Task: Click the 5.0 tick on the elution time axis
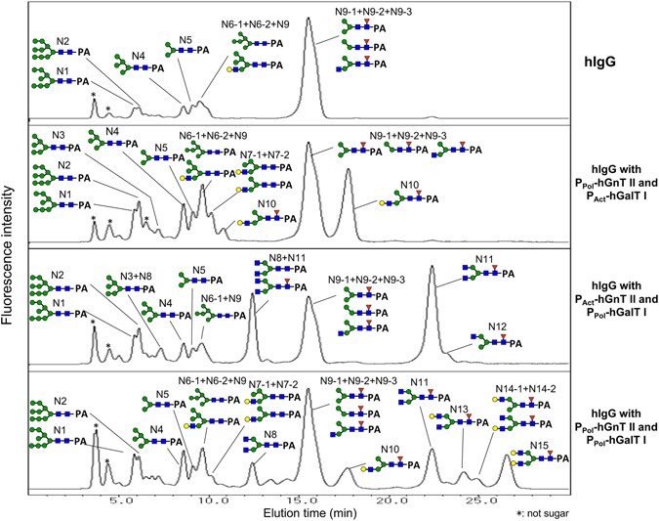[121, 499]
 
